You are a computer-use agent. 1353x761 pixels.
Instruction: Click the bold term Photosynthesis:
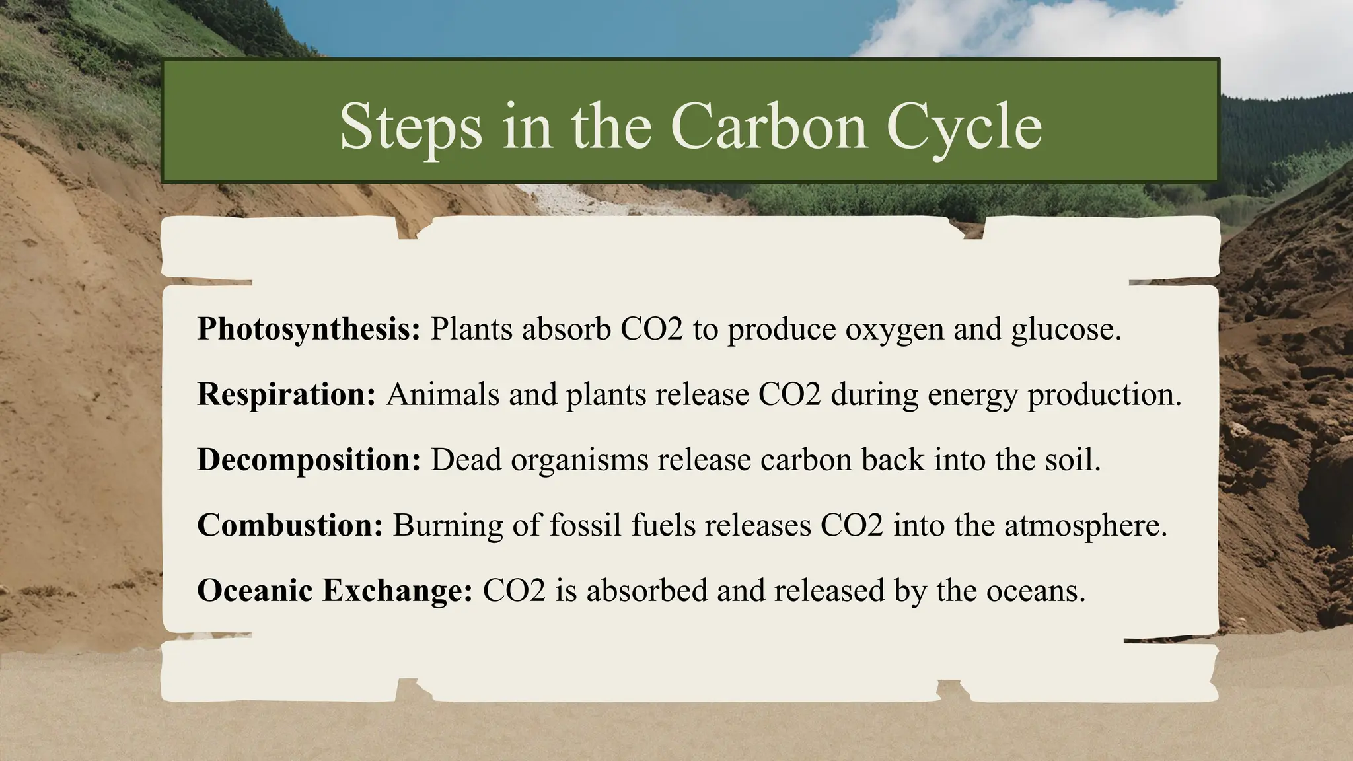click(309, 329)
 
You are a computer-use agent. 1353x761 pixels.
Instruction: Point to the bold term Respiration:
click(286, 394)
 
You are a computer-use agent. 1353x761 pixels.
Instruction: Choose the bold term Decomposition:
click(309, 460)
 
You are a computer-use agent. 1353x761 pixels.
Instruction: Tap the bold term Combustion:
click(289, 525)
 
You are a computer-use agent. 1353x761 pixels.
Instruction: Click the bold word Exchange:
click(397, 590)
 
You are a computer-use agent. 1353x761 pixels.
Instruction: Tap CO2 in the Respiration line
click(789, 394)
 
